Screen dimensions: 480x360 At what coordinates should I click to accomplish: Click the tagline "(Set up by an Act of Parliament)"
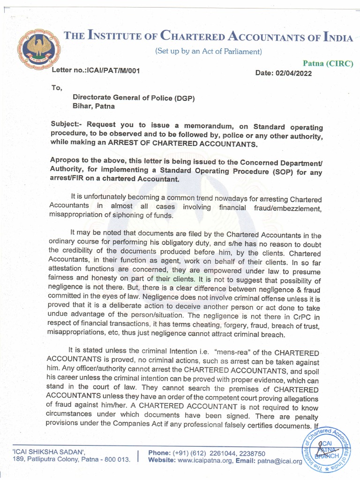[209, 51]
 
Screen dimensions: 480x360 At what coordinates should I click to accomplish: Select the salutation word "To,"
[57, 87]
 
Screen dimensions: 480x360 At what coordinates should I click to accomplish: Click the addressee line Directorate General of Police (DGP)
[133, 97]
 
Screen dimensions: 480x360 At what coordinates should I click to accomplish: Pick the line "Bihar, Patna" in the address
[93, 106]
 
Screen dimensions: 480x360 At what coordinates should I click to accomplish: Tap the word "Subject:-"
[67, 126]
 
